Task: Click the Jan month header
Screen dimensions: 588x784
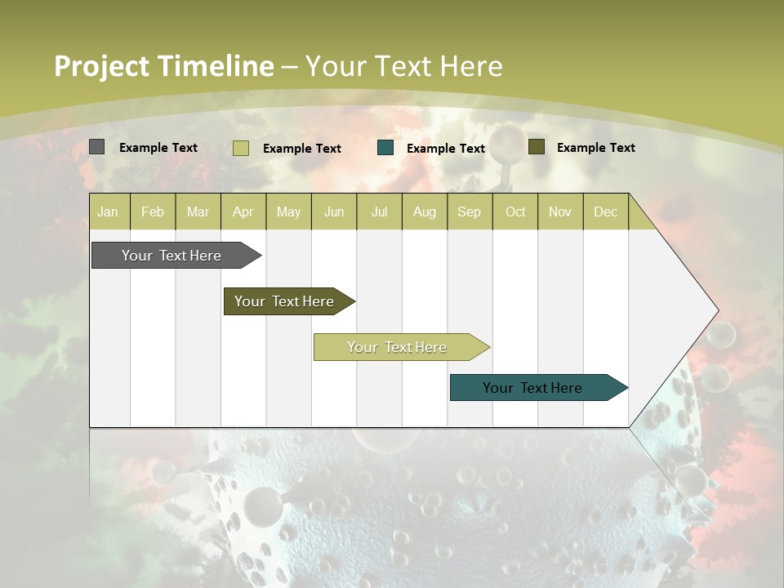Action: click(x=108, y=212)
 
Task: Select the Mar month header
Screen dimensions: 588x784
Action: click(x=198, y=212)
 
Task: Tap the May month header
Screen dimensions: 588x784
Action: click(x=288, y=212)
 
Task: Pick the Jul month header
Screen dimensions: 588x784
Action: click(x=379, y=212)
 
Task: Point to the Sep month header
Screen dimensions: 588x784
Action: click(x=469, y=212)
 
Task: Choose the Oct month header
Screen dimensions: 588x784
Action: click(x=515, y=212)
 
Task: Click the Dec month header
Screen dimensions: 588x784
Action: click(x=605, y=212)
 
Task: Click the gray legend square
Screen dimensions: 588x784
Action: click(x=97, y=147)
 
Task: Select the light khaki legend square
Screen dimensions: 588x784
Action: click(x=240, y=148)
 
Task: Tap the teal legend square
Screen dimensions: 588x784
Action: click(x=385, y=148)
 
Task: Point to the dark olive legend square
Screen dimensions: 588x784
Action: click(x=536, y=147)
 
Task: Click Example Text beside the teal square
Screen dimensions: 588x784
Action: click(x=446, y=149)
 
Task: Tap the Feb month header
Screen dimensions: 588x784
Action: click(x=153, y=212)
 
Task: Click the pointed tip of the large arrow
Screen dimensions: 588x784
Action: click(x=716, y=310)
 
